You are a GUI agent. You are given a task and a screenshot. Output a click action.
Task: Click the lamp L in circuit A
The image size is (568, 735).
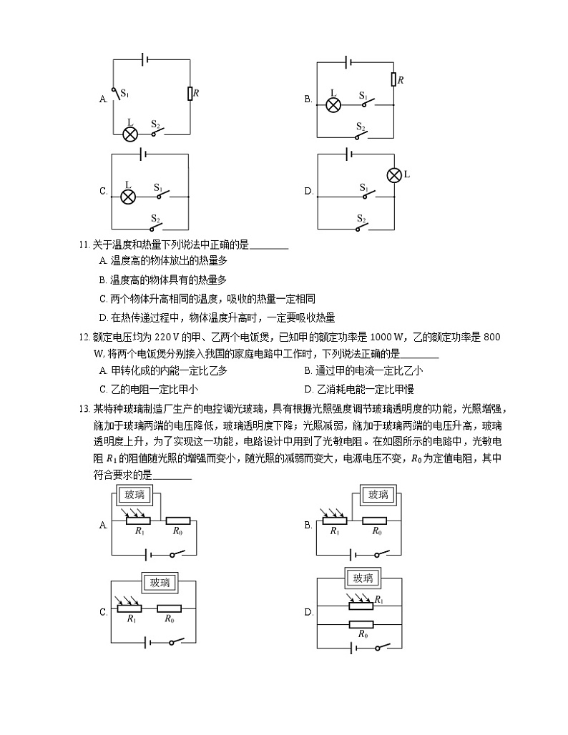pos(130,134)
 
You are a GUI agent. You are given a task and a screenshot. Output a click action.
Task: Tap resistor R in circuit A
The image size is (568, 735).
pos(189,93)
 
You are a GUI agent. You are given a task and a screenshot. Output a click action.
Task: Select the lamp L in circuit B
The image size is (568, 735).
pos(333,104)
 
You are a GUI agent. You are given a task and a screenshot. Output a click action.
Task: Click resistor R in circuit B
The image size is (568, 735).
pos(393,79)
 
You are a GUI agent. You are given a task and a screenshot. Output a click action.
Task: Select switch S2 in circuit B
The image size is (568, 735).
pos(363,135)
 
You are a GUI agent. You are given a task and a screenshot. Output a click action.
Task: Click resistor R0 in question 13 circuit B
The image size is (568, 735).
pos(375,521)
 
